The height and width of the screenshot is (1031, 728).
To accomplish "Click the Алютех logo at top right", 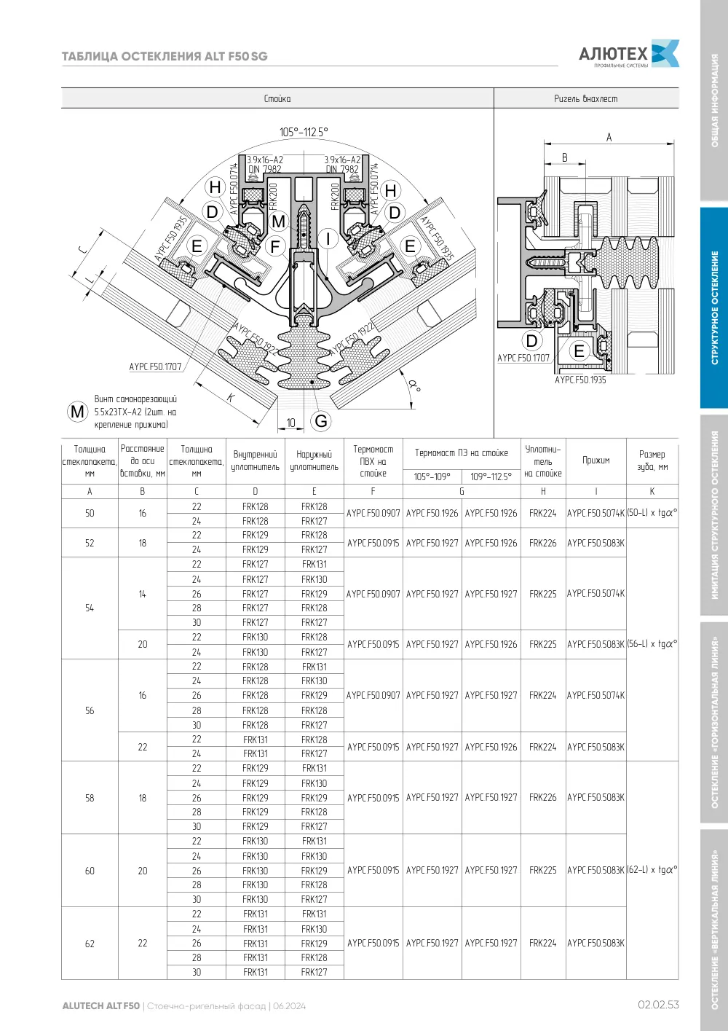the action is pyautogui.click(x=629, y=55).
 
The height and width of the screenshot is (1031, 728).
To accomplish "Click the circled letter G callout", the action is pyautogui.click(x=321, y=420).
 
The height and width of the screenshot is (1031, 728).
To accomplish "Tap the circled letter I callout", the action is pyautogui.click(x=328, y=239).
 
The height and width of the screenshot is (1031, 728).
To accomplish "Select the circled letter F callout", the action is pyautogui.click(x=275, y=247).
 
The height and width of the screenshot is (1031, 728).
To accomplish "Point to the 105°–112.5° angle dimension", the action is pyautogui.click(x=304, y=132).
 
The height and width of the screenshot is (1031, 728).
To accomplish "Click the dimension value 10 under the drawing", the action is pyautogui.click(x=290, y=423).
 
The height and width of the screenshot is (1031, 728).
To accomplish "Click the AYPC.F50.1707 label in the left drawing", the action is pyautogui.click(x=156, y=366).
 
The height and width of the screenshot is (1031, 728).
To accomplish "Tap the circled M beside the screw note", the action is pyautogui.click(x=77, y=412).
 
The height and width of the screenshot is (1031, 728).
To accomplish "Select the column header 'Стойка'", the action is pyautogui.click(x=277, y=98).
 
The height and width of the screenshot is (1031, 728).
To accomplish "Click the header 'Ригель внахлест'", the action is pyautogui.click(x=586, y=98).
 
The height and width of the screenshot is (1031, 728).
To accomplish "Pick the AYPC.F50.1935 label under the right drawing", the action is pyautogui.click(x=580, y=380).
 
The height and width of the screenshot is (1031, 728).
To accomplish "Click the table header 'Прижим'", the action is pyautogui.click(x=596, y=460).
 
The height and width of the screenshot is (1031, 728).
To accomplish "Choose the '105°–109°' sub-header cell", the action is pyautogui.click(x=432, y=477).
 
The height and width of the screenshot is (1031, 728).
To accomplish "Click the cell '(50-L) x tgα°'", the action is pyautogui.click(x=652, y=513).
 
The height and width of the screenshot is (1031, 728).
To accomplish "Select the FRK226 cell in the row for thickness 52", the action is pyautogui.click(x=542, y=543).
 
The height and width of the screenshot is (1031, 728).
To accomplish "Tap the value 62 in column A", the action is pyautogui.click(x=90, y=944).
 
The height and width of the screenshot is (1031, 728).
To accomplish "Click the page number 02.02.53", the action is pyautogui.click(x=658, y=1005).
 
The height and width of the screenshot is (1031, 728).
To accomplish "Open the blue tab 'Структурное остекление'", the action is pyautogui.click(x=714, y=307).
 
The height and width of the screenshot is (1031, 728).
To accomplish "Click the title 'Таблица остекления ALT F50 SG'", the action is pyautogui.click(x=165, y=56).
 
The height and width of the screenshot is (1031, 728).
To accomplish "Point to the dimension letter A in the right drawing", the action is pyautogui.click(x=609, y=137).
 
